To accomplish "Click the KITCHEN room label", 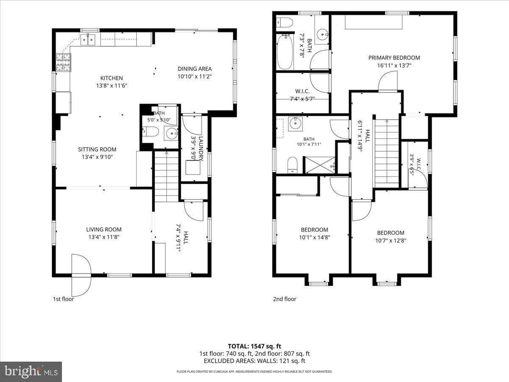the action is [112, 78].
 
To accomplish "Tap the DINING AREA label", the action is [195, 69].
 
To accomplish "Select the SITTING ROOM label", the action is [97, 149].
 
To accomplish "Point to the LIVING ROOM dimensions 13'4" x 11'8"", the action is [104, 237].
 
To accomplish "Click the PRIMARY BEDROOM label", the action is [394, 58].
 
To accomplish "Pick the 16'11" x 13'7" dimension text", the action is [394, 65].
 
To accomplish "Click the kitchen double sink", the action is [88, 39].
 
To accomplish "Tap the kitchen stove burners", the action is [63, 62].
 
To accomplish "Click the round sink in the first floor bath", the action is [171, 133].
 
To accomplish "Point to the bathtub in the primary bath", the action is [285, 52].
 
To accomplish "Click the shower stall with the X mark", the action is [320, 165].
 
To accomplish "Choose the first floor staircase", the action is [166, 176].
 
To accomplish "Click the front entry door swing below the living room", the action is [81, 275].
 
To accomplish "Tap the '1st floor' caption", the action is [63, 299].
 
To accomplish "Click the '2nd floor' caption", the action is [285, 299].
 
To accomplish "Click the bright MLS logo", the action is [31, 371].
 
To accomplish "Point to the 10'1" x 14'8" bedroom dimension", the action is [314, 237].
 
